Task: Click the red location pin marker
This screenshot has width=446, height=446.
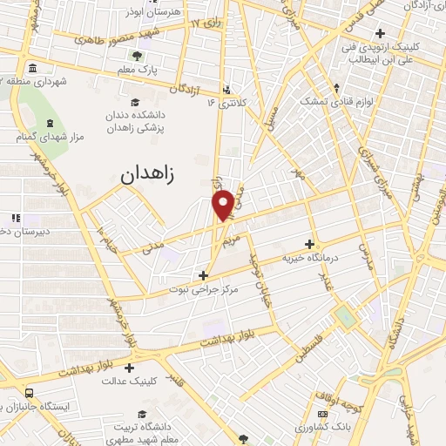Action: [x=224, y=204]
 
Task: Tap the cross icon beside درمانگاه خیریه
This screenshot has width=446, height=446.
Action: [x=309, y=244]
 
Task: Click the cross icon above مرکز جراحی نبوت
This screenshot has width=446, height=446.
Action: [x=203, y=275]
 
